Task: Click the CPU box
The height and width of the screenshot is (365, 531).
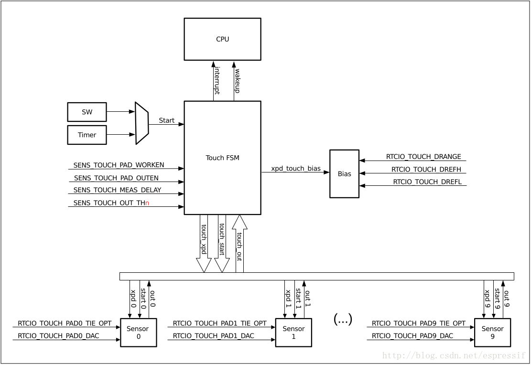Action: (x=222, y=39)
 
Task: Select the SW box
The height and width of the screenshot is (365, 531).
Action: (x=87, y=112)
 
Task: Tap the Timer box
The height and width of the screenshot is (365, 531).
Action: (x=87, y=135)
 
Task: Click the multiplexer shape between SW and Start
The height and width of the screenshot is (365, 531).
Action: (x=141, y=123)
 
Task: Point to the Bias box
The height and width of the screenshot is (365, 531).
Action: (x=344, y=174)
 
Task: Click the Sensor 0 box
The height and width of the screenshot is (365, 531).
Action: (x=138, y=333)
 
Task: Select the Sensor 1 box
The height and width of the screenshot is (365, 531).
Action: (x=293, y=333)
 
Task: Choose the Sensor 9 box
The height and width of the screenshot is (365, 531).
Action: (x=492, y=333)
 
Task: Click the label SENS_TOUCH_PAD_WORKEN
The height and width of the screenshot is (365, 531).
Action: (x=119, y=165)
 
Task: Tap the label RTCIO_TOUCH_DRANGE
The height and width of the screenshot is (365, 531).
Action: (x=423, y=157)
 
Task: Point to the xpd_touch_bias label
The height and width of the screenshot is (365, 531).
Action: (x=296, y=169)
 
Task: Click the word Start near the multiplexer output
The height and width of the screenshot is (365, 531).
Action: (x=166, y=120)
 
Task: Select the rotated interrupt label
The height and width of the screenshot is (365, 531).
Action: (x=217, y=81)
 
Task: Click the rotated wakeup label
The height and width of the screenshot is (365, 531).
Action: (x=237, y=81)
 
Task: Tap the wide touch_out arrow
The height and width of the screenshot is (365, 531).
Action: (x=239, y=244)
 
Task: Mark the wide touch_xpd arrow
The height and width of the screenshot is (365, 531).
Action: (x=204, y=244)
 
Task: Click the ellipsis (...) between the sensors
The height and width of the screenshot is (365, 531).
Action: (x=343, y=320)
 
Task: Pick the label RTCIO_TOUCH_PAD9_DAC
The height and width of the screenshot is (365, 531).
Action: (x=412, y=336)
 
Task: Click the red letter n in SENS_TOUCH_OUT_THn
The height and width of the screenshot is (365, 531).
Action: (x=147, y=203)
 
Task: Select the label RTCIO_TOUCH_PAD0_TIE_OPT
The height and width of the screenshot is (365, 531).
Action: (x=65, y=323)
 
